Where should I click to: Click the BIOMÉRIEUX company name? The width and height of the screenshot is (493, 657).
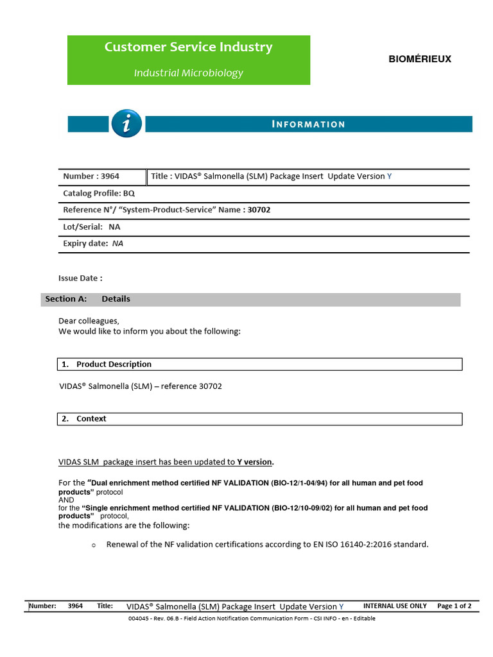[420, 59]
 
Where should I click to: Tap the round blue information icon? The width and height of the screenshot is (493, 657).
[126, 124]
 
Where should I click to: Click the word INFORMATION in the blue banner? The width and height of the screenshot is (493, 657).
[308, 124]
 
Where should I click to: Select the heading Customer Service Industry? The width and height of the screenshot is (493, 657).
[188, 47]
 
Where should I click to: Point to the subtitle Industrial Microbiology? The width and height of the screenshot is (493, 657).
[188, 73]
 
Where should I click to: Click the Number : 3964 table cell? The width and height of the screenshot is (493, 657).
[91, 176]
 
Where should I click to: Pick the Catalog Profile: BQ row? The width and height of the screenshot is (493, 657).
[99, 193]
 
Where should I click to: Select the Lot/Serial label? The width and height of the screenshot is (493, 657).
[82, 226]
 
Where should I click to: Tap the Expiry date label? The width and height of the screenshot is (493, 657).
[85, 244]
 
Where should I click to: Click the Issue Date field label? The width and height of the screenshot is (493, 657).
[80, 278]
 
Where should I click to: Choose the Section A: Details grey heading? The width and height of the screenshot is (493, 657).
[88, 299]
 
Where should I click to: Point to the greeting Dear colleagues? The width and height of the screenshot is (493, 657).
[89, 321]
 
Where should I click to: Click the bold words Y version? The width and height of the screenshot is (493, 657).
[255, 462]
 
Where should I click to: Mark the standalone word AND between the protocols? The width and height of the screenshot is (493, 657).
[67, 500]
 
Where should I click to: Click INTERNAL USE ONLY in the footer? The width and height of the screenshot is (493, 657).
[395, 606]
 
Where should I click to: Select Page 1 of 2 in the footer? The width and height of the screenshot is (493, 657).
[454, 606]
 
